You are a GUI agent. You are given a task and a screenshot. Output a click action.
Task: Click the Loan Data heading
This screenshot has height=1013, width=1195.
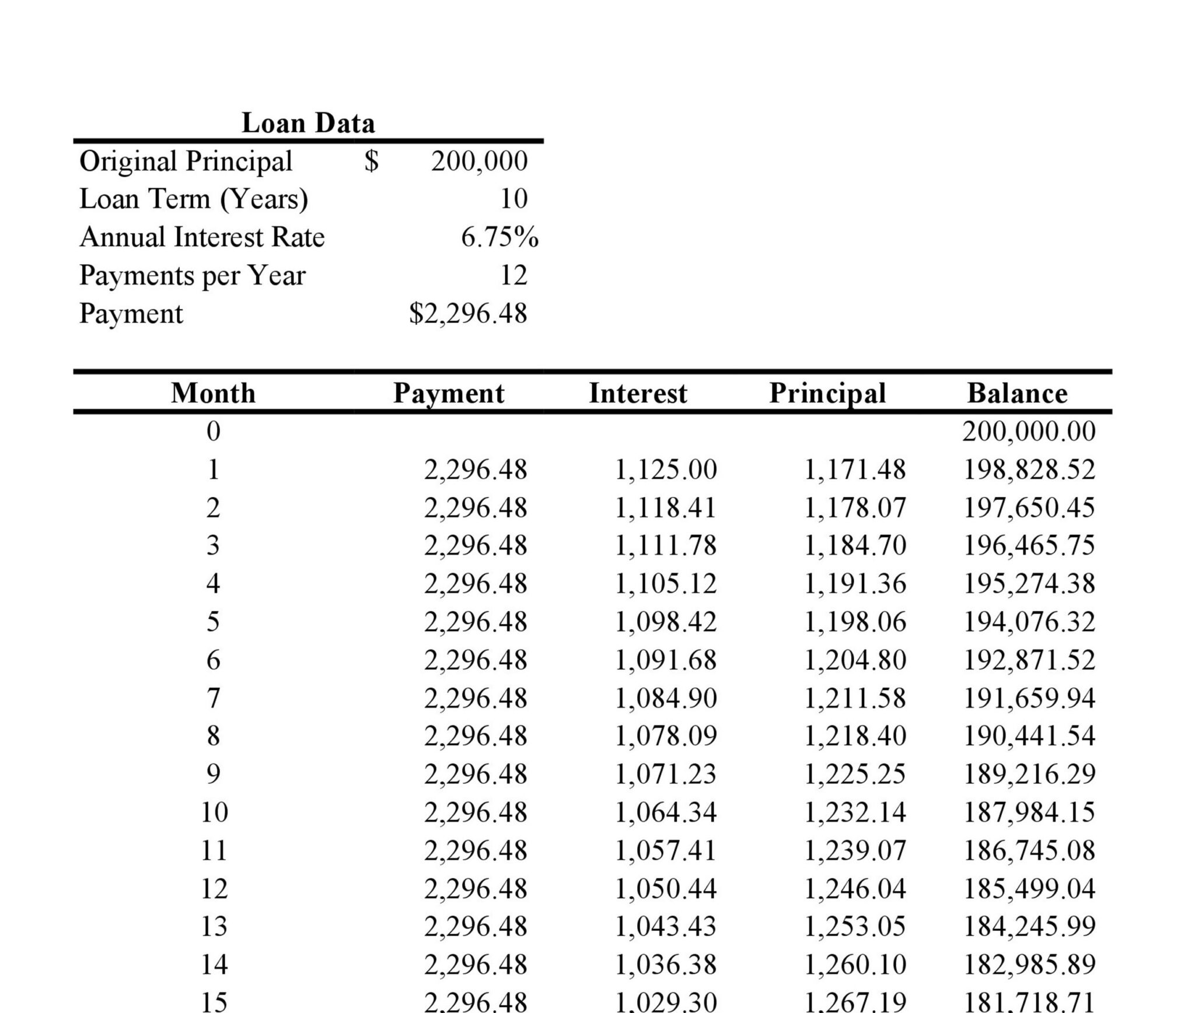[308, 123]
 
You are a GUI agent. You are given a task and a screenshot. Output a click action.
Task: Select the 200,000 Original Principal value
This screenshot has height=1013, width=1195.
[479, 161]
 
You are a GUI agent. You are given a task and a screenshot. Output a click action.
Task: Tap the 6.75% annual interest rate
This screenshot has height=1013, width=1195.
[499, 237]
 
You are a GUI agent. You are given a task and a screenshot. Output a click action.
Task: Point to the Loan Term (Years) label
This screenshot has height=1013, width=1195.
[193, 199]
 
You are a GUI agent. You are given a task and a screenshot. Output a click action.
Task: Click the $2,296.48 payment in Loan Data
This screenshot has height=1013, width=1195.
[468, 314]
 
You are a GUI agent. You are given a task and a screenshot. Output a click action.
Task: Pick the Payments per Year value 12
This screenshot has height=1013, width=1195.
[513, 275]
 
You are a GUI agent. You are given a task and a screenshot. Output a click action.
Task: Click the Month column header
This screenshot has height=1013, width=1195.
[213, 393]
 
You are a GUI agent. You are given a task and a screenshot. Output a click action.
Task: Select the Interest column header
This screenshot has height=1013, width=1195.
[638, 393]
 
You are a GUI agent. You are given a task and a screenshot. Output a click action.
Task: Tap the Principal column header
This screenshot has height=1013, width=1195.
[827, 393]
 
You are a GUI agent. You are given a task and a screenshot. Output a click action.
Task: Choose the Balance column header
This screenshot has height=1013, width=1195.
[1017, 393]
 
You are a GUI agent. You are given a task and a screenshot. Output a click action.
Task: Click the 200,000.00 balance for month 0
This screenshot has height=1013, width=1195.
[1029, 432]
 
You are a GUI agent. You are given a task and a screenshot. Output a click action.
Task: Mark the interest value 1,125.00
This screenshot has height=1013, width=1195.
[666, 469]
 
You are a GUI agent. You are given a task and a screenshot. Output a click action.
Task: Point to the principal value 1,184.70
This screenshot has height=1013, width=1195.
[855, 546]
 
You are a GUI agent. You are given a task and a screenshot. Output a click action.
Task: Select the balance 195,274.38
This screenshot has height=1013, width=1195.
[1029, 584]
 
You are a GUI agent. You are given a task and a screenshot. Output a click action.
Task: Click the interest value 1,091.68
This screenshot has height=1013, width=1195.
[666, 660]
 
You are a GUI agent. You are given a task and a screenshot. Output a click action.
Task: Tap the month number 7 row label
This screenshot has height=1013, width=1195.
[213, 698]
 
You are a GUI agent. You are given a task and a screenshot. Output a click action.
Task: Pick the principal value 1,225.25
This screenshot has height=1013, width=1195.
[855, 774]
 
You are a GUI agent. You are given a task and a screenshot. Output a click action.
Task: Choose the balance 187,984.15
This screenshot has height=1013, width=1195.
[1029, 812]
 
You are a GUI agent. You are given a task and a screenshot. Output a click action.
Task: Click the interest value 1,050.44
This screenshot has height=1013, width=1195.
[666, 888]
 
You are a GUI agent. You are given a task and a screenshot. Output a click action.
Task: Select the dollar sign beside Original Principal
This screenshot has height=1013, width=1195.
[371, 161]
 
